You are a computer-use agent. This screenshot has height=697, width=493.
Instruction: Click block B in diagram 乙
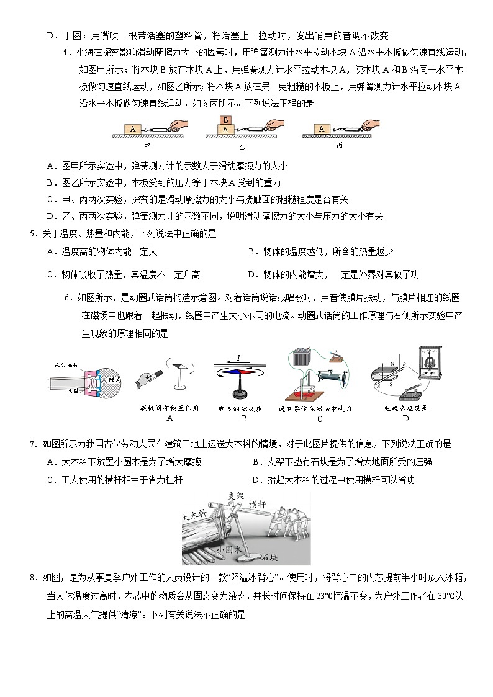[226, 120]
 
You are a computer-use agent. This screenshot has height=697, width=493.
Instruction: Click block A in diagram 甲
[133, 129]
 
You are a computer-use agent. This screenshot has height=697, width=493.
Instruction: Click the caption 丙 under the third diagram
[339, 146]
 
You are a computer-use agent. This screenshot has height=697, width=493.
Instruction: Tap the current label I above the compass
[239, 358]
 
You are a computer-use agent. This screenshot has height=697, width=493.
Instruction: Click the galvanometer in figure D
[435, 366]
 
